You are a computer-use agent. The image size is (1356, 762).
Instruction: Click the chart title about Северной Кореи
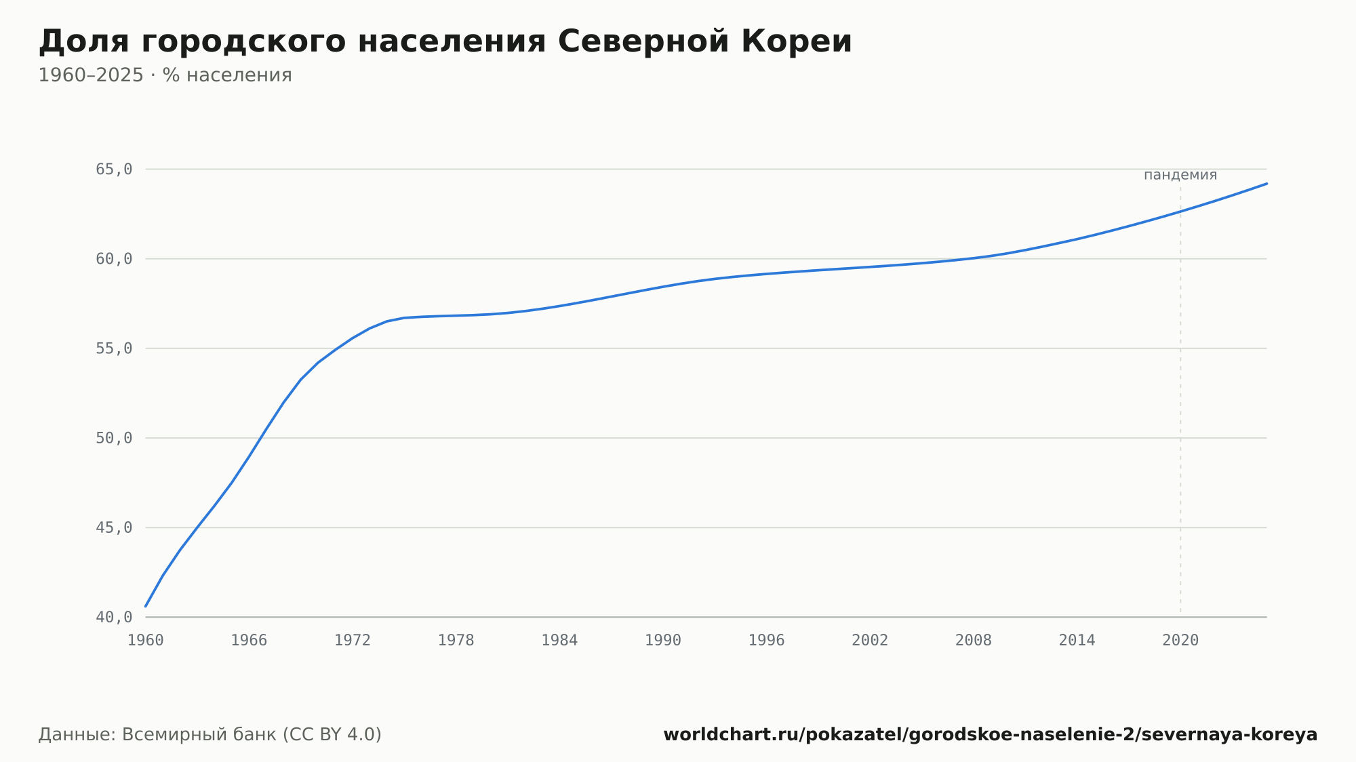[445, 42]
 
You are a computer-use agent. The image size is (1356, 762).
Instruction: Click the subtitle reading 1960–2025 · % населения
[165, 75]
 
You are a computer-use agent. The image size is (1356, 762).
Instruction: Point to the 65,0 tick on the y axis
[114, 169]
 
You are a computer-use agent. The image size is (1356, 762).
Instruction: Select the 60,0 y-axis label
[114, 259]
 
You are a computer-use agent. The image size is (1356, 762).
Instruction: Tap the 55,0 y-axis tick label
[114, 348]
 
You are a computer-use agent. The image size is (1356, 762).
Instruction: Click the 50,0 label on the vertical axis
[114, 438]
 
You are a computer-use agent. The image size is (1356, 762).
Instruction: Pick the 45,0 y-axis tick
[114, 527]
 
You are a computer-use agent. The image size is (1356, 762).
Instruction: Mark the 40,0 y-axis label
[114, 617]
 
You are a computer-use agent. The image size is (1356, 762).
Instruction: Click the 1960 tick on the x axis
[146, 641]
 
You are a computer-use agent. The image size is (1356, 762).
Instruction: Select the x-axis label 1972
[353, 641]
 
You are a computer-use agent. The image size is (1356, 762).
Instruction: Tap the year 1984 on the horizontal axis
[559, 641]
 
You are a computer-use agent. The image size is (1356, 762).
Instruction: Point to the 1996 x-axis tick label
[766, 641]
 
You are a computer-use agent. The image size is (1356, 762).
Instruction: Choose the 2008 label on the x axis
[974, 641]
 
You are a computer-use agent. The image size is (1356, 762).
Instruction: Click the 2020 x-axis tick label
[1180, 641]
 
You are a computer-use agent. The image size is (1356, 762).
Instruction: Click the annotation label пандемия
[1180, 175]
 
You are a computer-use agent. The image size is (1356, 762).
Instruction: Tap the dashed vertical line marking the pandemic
[1180, 401]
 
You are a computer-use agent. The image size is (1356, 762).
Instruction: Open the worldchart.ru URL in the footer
[991, 735]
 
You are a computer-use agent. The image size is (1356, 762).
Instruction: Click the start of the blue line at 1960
[146, 606]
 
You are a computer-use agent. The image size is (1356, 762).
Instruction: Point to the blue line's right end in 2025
[1267, 184]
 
